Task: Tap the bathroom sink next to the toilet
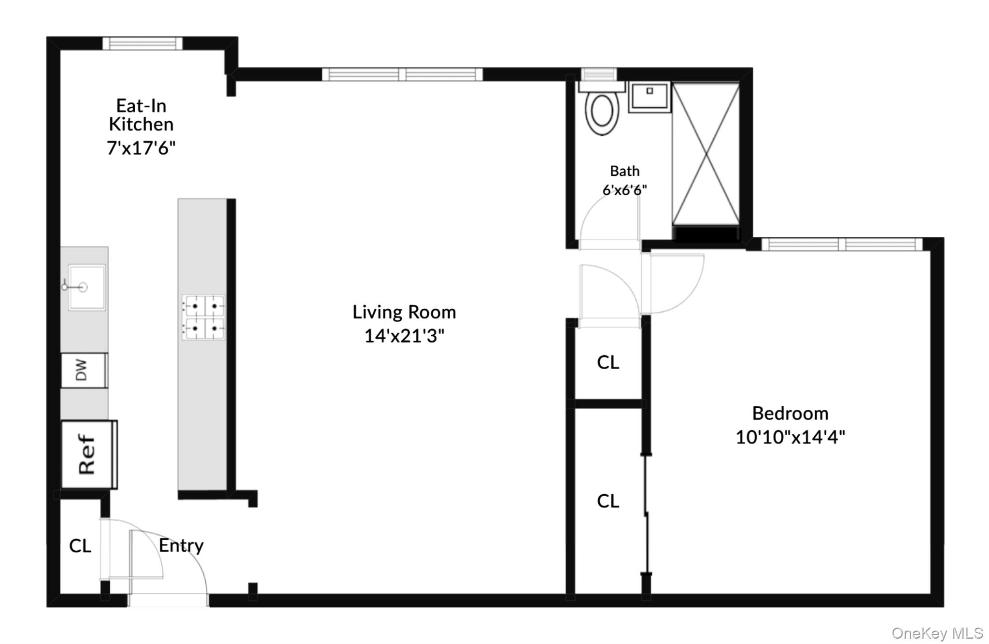tap(649, 97)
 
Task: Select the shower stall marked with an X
tap(706, 154)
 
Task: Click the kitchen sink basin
tap(86, 287)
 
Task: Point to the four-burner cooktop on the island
tap(203, 317)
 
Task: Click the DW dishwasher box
tap(83, 370)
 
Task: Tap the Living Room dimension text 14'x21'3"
tap(404, 336)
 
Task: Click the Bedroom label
tap(790, 414)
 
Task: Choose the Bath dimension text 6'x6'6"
tap(624, 190)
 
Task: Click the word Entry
tap(181, 545)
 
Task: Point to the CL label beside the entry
tap(80, 546)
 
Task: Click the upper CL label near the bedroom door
tap(608, 362)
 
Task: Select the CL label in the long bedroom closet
tap(608, 501)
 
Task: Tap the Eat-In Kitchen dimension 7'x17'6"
tap(141, 148)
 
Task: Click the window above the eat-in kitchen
tap(142, 43)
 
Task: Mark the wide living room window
tap(402, 74)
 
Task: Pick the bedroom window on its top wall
tap(842, 244)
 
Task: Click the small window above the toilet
tap(598, 74)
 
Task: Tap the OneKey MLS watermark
tap(937, 633)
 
